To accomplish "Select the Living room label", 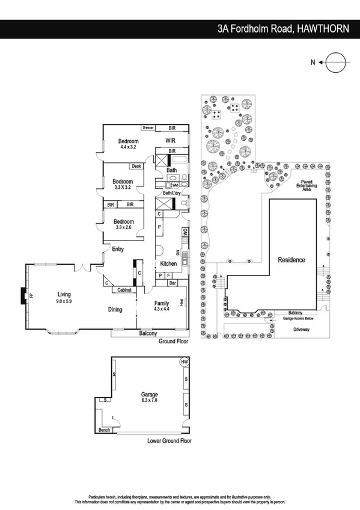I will pyautogui.click(x=64, y=294).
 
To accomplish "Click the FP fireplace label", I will pyautogui.click(x=31, y=295).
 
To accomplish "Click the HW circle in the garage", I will pyautogui.click(x=184, y=361).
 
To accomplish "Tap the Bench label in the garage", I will pyautogui.click(x=104, y=430).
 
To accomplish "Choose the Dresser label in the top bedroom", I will pyautogui.click(x=148, y=128).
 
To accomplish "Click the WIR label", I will pyautogui.click(x=171, y=141).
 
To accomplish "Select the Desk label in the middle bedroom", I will pyautogui.click(x=136, y=166).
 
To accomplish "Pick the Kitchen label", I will pyautogui.click(x=168, y=264).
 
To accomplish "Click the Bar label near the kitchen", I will pyautogui.click(x=172, y=283).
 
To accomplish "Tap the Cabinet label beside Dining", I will pyautogui.click(x=124, y=289).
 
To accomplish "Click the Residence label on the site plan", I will pyautogui.click(x=291, y=260).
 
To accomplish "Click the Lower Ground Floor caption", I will pyautogui.click(x=169, y=441).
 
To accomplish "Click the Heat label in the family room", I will pyautogui.click(x=180, y=303).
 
